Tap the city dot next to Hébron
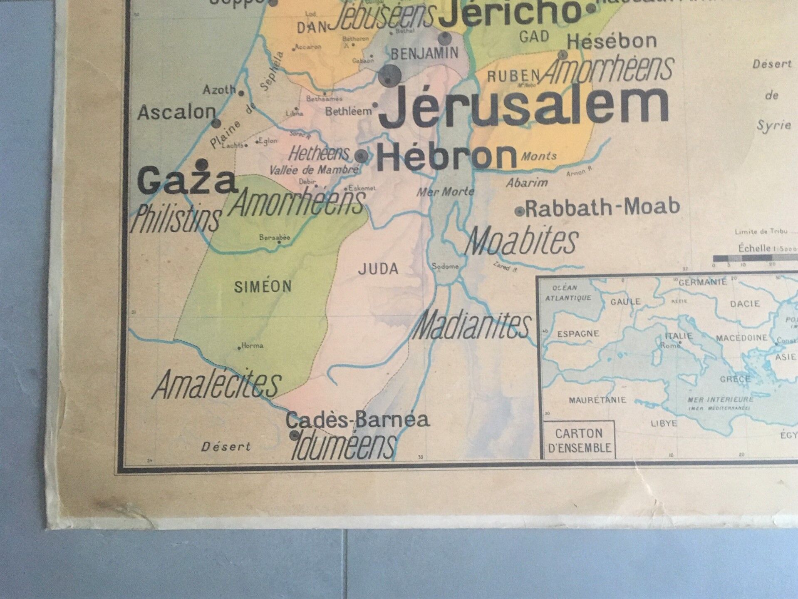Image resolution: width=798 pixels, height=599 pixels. click(x=361, y=156)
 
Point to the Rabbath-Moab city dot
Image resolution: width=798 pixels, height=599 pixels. click(x=519, y=211)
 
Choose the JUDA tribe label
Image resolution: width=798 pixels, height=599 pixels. click(x=378, y=269)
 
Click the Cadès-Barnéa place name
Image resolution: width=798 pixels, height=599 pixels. click(x=357, y=420)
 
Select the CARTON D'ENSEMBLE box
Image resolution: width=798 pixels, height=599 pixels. click(x=579, y=440)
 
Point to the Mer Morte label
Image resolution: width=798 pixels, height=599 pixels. click(x=446, y=192)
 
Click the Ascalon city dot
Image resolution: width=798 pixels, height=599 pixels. click(x=216, y=123)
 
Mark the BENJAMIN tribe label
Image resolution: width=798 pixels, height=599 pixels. click(x=424, y=53)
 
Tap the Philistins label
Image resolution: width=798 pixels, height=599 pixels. click(x=176, y=219)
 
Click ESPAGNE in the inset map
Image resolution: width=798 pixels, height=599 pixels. click(x=578, y=334)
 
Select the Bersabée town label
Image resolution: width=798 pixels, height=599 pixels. click(x=274, y=238)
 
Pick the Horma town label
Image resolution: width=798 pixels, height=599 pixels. click(x=252, y=345)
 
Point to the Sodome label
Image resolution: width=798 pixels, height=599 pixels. click(x=445, y=266)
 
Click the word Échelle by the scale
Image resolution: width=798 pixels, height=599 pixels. click(x=754, y=249)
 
